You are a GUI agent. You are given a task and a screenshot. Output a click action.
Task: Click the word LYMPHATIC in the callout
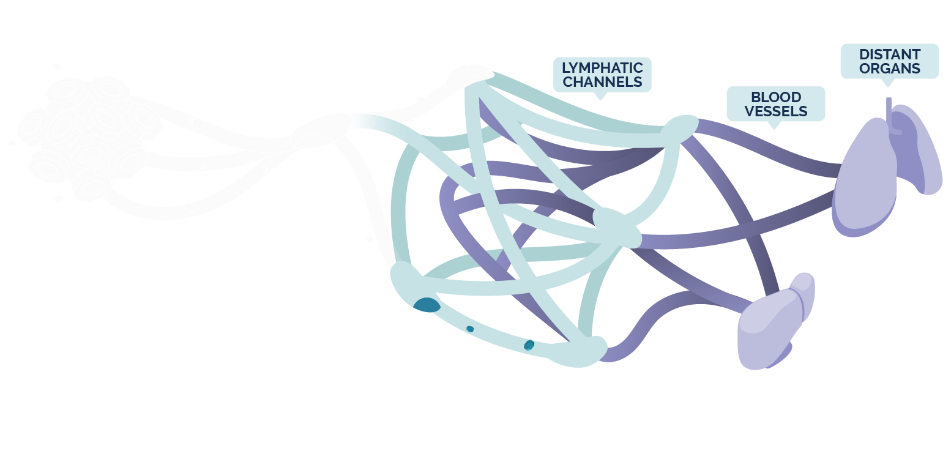(x=602, y=67)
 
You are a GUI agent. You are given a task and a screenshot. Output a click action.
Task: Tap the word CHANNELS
(x=602, y=82)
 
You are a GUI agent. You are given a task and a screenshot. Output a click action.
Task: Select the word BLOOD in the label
(x=775, y=97)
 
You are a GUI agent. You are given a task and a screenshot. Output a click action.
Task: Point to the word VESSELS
(x=775, y=111)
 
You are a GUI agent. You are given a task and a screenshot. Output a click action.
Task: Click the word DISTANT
(x=889, y=54)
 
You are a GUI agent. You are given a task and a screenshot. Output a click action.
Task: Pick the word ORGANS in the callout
(x=889, y=69)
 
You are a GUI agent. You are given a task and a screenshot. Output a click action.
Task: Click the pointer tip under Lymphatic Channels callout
(x=601, y=99)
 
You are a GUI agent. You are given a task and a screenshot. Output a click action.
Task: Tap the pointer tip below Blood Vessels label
(x=774, y=127)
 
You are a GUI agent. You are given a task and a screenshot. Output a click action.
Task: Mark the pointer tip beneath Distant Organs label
(x=889, y=84)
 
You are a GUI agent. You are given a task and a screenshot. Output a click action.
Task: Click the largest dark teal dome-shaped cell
(x=427, y=305)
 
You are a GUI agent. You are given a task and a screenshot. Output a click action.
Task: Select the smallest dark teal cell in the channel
(x=470, y=329)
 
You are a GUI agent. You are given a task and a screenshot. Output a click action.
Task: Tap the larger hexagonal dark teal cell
(x=529, y=345)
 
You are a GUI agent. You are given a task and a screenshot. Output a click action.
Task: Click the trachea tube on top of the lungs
(x=889, y=110)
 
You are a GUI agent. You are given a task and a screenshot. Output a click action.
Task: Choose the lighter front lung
(x=864, y=177)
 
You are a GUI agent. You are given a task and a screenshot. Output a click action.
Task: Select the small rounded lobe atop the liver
(x=803, y=288)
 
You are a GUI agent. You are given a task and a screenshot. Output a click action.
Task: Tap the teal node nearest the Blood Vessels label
(x=679, y=128)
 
